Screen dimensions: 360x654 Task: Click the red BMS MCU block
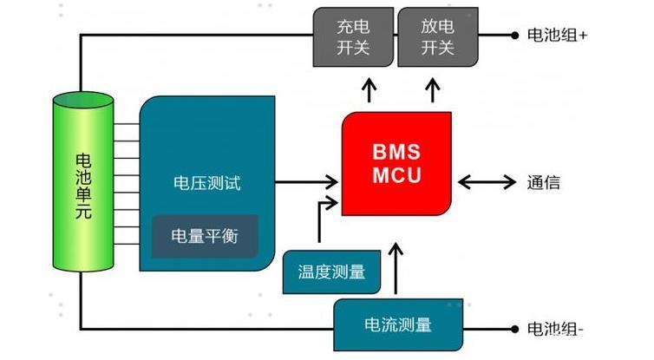coord(396,163)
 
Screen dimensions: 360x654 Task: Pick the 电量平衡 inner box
coord(206,236)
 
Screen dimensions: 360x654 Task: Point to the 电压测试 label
coord(206,184)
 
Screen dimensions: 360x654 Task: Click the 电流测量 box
coord(396,325)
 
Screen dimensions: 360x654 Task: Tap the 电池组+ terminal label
coord(558,36)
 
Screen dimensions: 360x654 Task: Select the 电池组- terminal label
coord(556,330)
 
